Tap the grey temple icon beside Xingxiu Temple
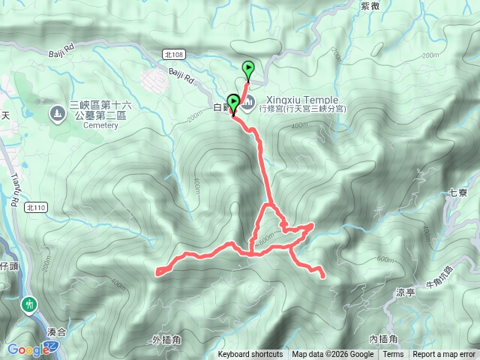(247, 101)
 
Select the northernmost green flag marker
(248, 70)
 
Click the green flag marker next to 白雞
(233, 102)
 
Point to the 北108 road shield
(172, 54)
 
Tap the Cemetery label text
(100, 125)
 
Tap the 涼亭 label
(405, 292)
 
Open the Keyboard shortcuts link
(250, 355)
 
